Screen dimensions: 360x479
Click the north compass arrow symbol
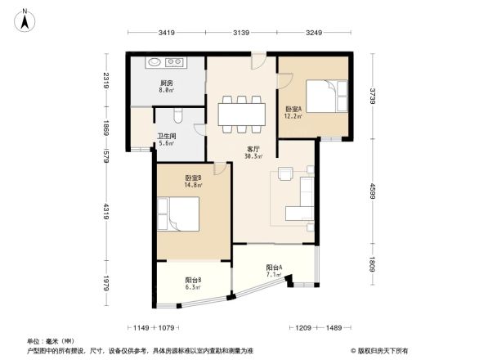[x=25, y=18]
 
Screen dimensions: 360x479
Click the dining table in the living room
[x=241, y=113]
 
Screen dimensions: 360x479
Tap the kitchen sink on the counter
[x=174, y=61]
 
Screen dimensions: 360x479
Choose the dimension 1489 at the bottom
[x=333, y=327]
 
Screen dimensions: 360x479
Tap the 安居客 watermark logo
[x=381, y=349]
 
